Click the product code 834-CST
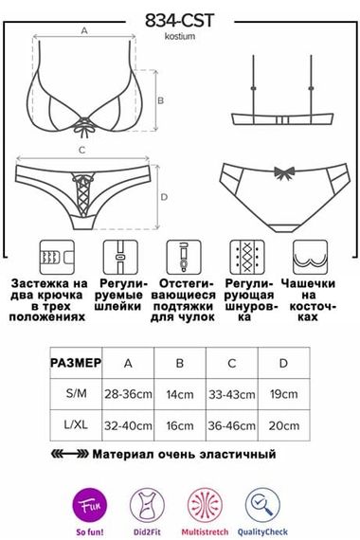click(180, 19)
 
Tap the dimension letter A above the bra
click(83, 31)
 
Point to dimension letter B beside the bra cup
click(161, 99)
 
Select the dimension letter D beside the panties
click(164, 197)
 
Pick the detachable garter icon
click(180, 256)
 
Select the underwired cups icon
click(309, 256)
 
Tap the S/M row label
click(75, 393)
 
